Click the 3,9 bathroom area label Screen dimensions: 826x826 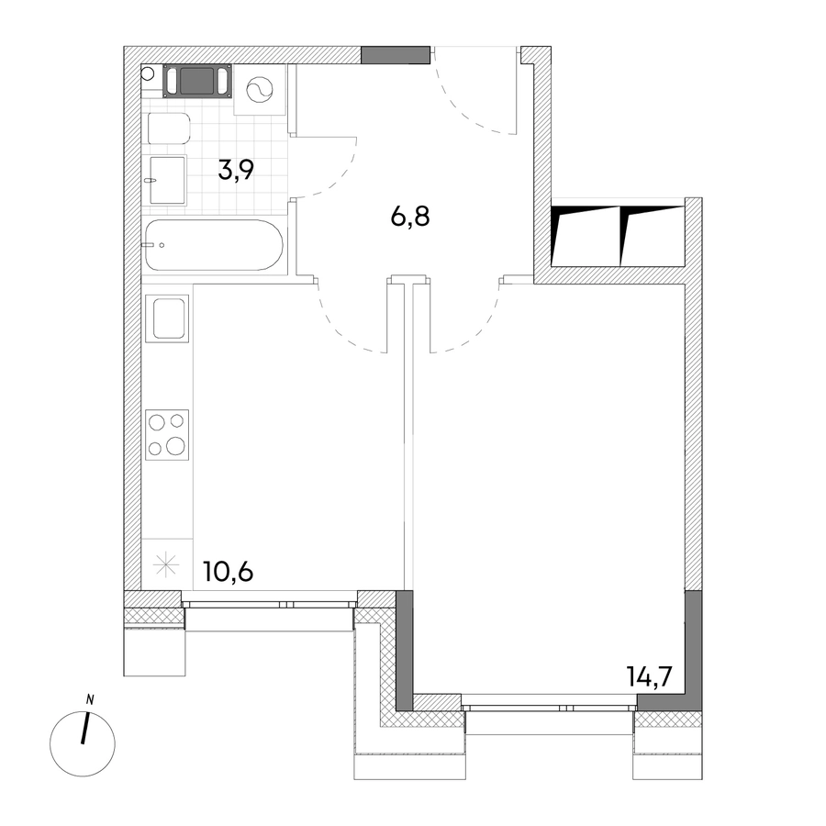(x=236, y=170)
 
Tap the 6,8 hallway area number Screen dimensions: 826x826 (x=410, y=216)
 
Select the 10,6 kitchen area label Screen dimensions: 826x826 (x=229, y=572)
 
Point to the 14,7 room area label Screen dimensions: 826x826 (x=649, y=677)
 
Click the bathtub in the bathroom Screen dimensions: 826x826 (x=214, y=245)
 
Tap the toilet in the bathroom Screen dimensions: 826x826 (x=169, y=128)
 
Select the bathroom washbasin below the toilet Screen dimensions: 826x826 (x=168, y=180)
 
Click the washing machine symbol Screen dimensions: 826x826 (x=261, y=90)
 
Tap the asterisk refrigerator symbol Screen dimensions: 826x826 (x=166, y=564)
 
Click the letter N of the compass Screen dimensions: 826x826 (x=90, y=700)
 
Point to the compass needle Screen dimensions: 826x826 (x=84, y=729)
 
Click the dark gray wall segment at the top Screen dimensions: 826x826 (x=395, y=55)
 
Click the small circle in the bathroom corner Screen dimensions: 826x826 (x=147, y=73)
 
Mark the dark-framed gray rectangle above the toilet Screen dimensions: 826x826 (x=197, y=81)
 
